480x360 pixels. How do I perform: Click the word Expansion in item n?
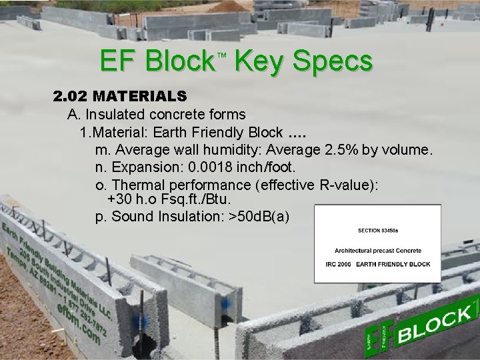[142, 165]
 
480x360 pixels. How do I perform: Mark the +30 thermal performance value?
[120, 199]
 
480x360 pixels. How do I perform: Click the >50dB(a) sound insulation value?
[259, 216]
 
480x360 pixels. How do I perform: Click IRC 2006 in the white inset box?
[333, 264]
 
